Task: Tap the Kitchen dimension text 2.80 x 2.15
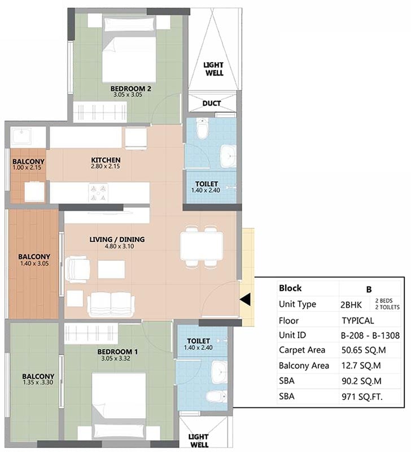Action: tap(106, 166)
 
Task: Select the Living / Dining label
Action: tap(117, 239)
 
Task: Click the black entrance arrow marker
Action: tap(245, 299)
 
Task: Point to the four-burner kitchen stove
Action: tap(98, 193)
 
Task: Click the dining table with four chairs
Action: tap(202, 246)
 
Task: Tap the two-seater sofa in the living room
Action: tap(111, 304)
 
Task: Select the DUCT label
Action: tap(211, 103)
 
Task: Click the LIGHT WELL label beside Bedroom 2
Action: tap(214, 69)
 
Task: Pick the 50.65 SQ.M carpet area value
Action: tap(364, 350)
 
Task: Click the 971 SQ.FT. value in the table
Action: tap(362, 397)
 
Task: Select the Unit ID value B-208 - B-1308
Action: tap(370, 335)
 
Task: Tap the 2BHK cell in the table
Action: tap(351, 305)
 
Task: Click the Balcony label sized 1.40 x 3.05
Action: tap(34, 257)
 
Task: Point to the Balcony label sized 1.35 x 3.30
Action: tap(38, 376)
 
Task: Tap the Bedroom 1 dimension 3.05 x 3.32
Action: tap(116, 359)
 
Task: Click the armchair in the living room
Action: tap(77, 269)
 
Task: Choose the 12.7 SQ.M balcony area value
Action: tap(361, 366)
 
